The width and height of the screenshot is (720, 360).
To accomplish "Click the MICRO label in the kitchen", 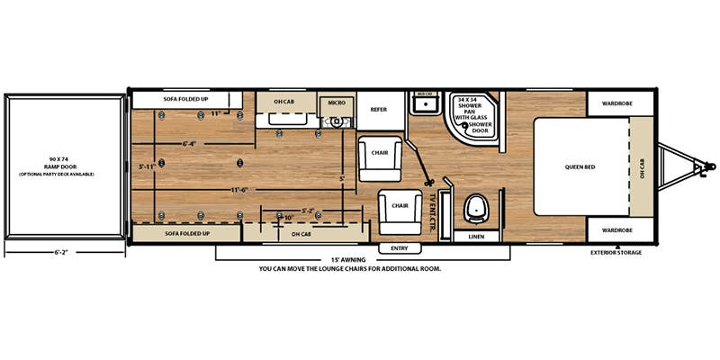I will (337, 103).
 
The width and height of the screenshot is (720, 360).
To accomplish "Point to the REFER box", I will (379, 108).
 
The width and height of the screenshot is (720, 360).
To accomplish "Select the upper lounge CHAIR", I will (379, 152).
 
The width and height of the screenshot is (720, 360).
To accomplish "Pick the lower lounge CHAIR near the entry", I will (400, 206).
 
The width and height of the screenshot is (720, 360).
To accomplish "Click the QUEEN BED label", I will (580, 167).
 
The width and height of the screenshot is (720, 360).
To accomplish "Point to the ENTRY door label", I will (400, 247).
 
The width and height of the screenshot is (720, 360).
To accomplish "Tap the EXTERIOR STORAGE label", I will (617, 253).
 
